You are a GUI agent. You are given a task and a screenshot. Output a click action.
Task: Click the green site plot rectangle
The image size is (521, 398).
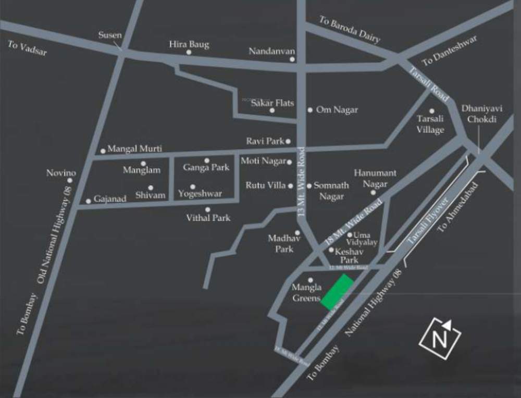pos(338,291)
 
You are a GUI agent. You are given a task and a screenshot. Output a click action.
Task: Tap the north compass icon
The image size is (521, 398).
pos(440,339)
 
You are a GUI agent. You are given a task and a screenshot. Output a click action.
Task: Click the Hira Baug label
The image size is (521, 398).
pos(189,44)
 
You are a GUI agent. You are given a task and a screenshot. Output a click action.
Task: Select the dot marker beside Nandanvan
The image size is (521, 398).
pos(292,59)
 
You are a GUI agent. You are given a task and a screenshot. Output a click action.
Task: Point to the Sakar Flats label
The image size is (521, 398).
pos(272,103)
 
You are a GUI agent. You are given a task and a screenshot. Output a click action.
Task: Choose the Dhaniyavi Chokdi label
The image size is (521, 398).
pos(479,114)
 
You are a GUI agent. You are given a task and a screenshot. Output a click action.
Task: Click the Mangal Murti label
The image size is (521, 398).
pos(134,149)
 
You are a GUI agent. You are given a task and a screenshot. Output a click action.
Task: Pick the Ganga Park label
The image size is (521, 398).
pos(206,168)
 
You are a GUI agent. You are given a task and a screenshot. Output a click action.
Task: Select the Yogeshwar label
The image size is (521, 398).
pos(200,194)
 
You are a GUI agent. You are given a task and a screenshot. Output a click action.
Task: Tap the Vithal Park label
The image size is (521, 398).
pos(208,218)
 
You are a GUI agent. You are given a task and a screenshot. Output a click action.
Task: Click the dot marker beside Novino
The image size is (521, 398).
pos(69,181)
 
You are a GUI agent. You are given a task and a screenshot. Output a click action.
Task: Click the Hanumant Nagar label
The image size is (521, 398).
pos(375,178)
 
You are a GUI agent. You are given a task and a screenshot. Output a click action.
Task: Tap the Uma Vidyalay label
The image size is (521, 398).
pos(365,239)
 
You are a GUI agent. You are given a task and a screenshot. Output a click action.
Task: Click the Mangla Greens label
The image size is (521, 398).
pos(306,293)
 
